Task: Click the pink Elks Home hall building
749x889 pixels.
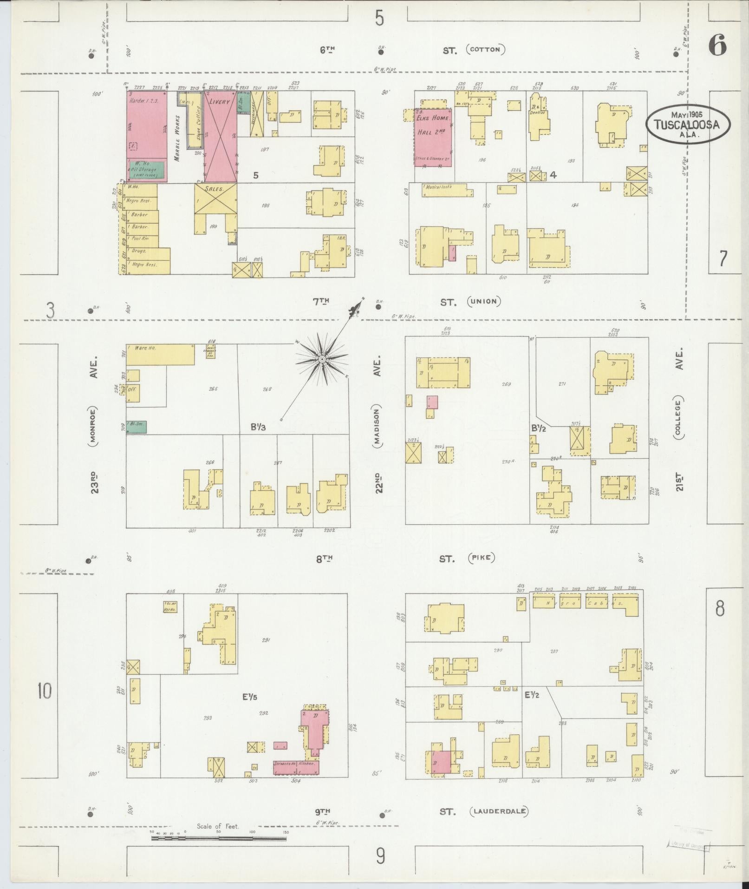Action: tap(434, 137)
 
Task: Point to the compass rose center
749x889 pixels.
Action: tap(321, 359)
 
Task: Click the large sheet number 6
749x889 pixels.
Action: tap(717, 46)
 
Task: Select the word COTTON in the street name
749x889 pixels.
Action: tap(487, 50)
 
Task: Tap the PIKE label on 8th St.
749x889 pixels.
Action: tap(482, 558)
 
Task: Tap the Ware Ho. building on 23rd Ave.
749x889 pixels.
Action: tap(160, 355)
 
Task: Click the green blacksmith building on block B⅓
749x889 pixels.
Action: tap(137, 427)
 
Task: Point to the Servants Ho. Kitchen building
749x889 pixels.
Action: tap(296, 764)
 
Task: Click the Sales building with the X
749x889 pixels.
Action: tap(215, 198)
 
